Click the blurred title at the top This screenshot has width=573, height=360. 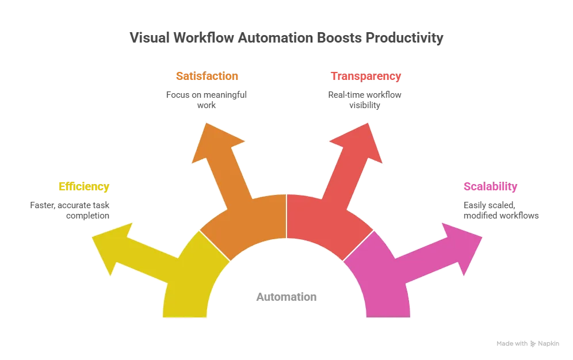(286, 39)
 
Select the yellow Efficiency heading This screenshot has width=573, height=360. (83, 187)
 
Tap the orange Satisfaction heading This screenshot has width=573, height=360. (207, 76)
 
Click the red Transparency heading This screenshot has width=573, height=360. (365, 76)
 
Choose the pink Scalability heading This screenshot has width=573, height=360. (490, 187)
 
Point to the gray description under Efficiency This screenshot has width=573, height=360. (69, 210)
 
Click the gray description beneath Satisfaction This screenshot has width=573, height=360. (207, 99)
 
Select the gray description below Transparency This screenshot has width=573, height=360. (365, 99)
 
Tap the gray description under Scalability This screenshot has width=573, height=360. (501, 210)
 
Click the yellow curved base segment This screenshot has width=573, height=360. (190, 282)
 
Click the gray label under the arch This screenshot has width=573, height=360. (285, 299)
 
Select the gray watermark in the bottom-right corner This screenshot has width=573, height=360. (529, 344)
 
